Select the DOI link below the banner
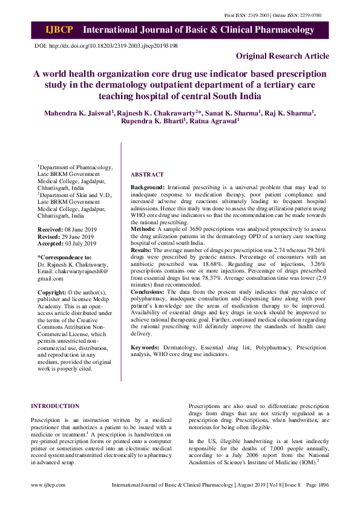[106, 46]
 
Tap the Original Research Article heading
[283, 56]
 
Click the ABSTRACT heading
[147, 174]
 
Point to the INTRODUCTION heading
[55, 406]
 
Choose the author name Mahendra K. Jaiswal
[77, 113]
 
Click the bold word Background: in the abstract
[148, 189]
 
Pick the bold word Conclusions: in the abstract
[148, 291]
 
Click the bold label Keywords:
[145, 348]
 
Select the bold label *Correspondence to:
[64, 258]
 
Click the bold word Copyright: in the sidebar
[52, 292]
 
